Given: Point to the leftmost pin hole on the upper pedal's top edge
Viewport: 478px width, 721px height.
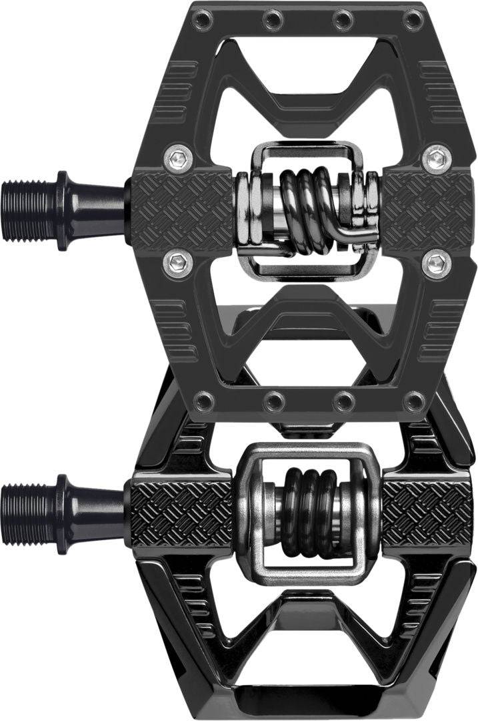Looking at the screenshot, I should (199, 19).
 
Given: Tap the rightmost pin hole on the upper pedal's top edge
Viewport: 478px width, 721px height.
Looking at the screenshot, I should (414, 19).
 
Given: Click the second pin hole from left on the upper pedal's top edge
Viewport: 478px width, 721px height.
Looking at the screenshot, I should (271, 19).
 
